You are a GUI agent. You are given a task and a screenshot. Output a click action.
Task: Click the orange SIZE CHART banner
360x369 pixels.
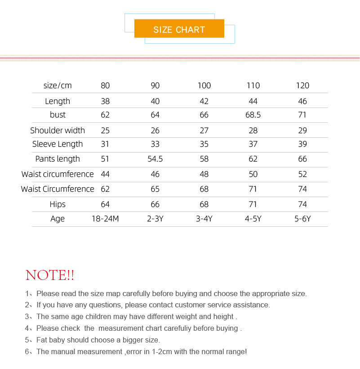click(179, 30)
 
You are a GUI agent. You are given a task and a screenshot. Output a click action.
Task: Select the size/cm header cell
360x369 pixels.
click(58, 85)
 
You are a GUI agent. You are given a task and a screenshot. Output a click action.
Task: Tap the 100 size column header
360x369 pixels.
click(204, 85)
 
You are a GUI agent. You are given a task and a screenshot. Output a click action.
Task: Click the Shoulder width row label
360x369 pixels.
click(58, 130)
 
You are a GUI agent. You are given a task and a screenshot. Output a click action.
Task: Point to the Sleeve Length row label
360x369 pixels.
click(58, 144)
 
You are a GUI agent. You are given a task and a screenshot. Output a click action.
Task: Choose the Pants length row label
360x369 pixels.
click(58, 159)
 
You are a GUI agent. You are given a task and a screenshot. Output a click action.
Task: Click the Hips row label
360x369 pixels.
click(58, 204)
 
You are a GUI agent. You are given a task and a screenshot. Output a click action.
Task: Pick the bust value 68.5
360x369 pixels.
click(253, 115)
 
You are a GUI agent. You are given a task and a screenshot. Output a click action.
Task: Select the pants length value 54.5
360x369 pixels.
click(155, 159)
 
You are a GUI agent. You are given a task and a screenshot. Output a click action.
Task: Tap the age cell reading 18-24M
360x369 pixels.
click(105, 219)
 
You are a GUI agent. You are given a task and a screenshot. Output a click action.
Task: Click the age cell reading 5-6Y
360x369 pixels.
click(302, 219)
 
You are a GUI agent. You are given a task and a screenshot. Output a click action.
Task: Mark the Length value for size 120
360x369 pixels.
click(302, 101)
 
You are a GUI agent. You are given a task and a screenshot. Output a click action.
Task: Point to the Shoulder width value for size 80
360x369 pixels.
click(105, 130)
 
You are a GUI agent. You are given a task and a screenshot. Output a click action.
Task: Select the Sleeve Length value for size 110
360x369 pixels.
click(253, 144)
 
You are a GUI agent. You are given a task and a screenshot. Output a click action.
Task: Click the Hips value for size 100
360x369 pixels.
click(204, 204)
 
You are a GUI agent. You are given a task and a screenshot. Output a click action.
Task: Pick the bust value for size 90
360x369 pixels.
click(155, 115)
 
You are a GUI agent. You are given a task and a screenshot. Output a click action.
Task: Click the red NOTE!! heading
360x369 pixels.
click(50, 275)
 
